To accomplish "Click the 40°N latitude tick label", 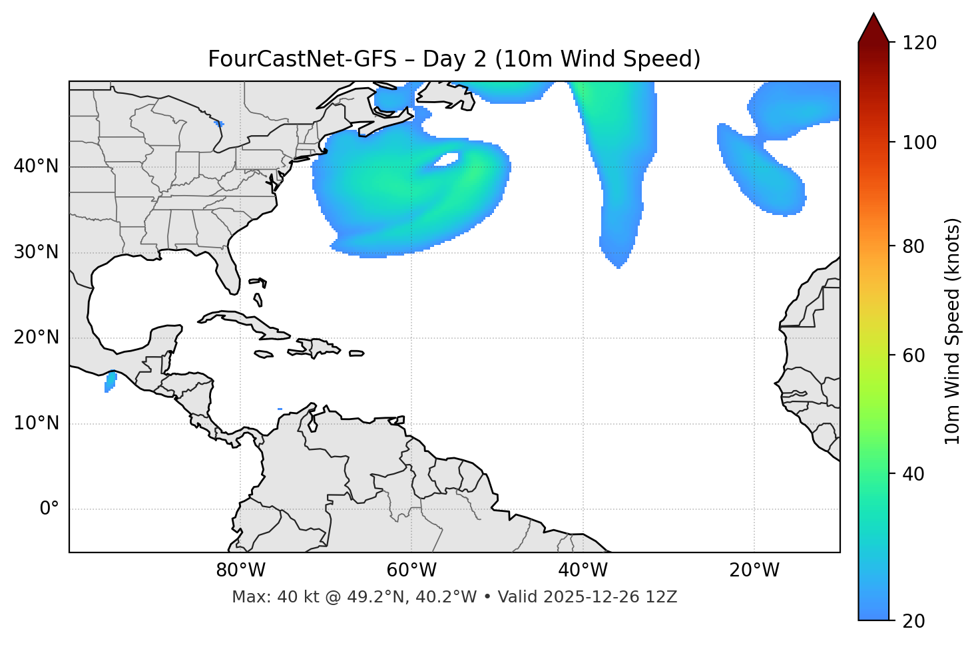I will point(36,166).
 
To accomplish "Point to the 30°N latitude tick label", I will point(36,252).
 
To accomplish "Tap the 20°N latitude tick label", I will point(36,337).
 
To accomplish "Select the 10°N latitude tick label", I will point(36,423).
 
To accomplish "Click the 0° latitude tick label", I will point(49,509).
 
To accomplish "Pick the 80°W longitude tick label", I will point(240,570).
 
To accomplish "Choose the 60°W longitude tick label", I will point(411,570).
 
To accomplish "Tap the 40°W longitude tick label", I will point(583,570).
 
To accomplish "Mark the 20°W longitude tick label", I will point(754,570).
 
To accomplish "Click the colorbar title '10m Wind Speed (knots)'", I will point(953,331).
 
